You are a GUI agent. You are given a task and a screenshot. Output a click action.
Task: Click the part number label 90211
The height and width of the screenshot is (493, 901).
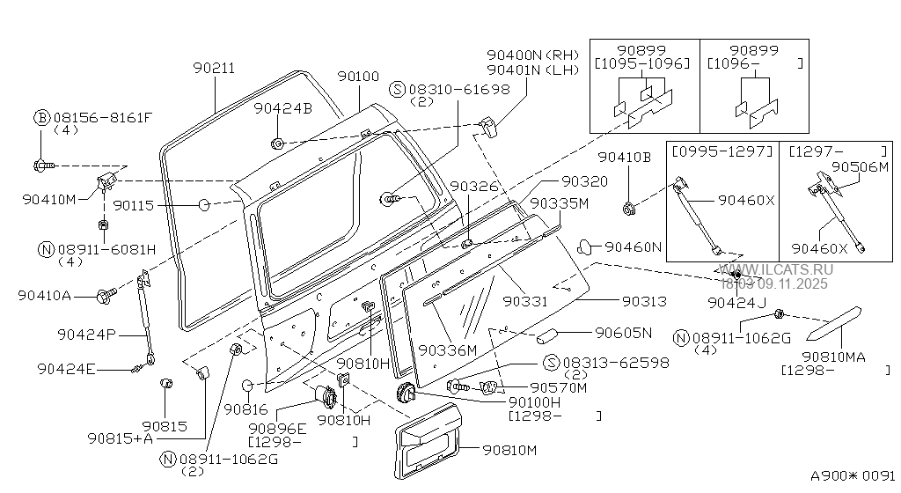214,69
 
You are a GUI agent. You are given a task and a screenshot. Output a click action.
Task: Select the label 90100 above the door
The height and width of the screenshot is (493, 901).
359,77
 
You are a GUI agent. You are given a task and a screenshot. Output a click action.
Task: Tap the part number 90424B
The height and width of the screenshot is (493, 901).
282,108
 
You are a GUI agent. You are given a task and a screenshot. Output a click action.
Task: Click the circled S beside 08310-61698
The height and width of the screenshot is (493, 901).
397,89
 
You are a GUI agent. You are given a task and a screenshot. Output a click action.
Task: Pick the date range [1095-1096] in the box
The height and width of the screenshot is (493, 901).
642,63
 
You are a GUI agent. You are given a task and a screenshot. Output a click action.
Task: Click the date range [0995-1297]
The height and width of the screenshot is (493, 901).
722,151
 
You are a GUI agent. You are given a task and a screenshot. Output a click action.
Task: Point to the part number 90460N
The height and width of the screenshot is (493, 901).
633,247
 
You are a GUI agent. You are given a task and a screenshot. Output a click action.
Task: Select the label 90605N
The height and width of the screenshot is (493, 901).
623,333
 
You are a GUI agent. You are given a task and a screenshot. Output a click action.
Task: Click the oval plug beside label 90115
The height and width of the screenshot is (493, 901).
202,205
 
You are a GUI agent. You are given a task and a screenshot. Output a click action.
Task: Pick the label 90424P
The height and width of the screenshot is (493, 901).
85,335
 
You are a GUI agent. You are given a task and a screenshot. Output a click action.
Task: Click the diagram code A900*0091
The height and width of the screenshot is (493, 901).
852,475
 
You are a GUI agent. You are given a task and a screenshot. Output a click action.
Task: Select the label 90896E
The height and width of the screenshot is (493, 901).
277,429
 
